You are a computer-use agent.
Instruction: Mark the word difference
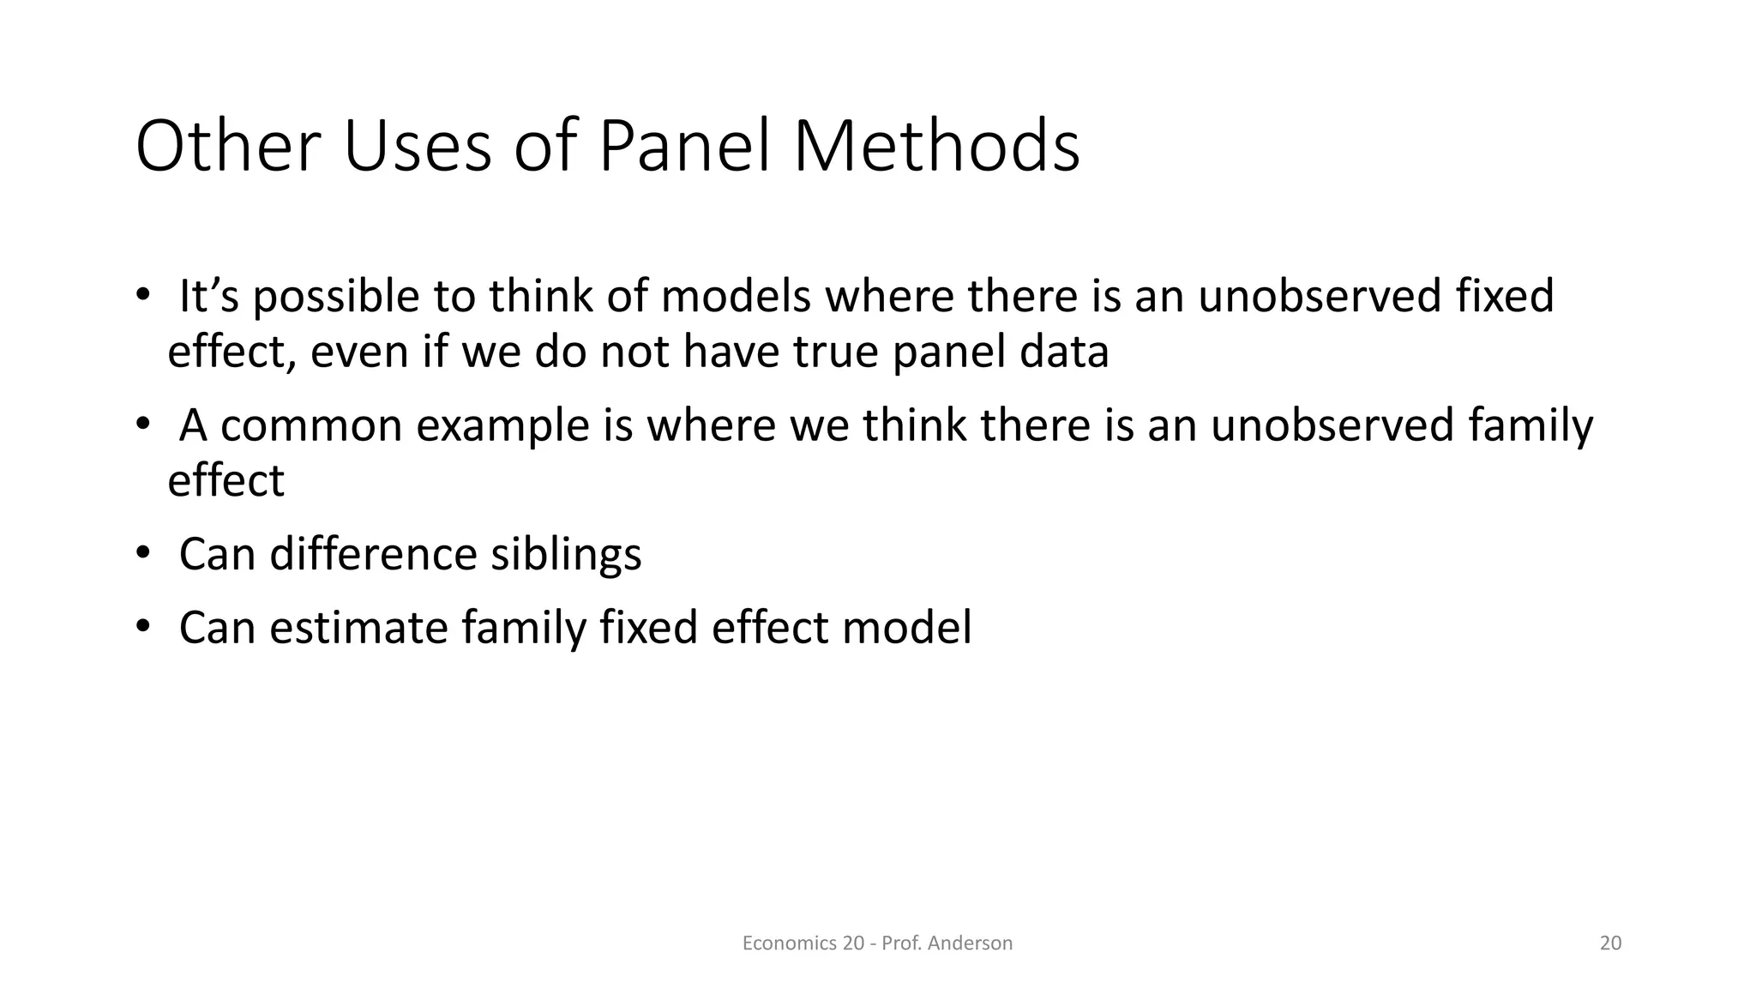point(372,553)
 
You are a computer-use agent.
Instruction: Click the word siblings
point(566,555)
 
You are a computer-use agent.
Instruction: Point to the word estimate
point(358,627)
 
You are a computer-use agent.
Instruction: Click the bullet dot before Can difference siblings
point(142,551)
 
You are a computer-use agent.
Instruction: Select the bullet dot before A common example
point(142,424)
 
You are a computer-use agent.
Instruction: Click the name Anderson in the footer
point(970,943)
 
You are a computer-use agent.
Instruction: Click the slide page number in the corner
point(1610,943)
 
